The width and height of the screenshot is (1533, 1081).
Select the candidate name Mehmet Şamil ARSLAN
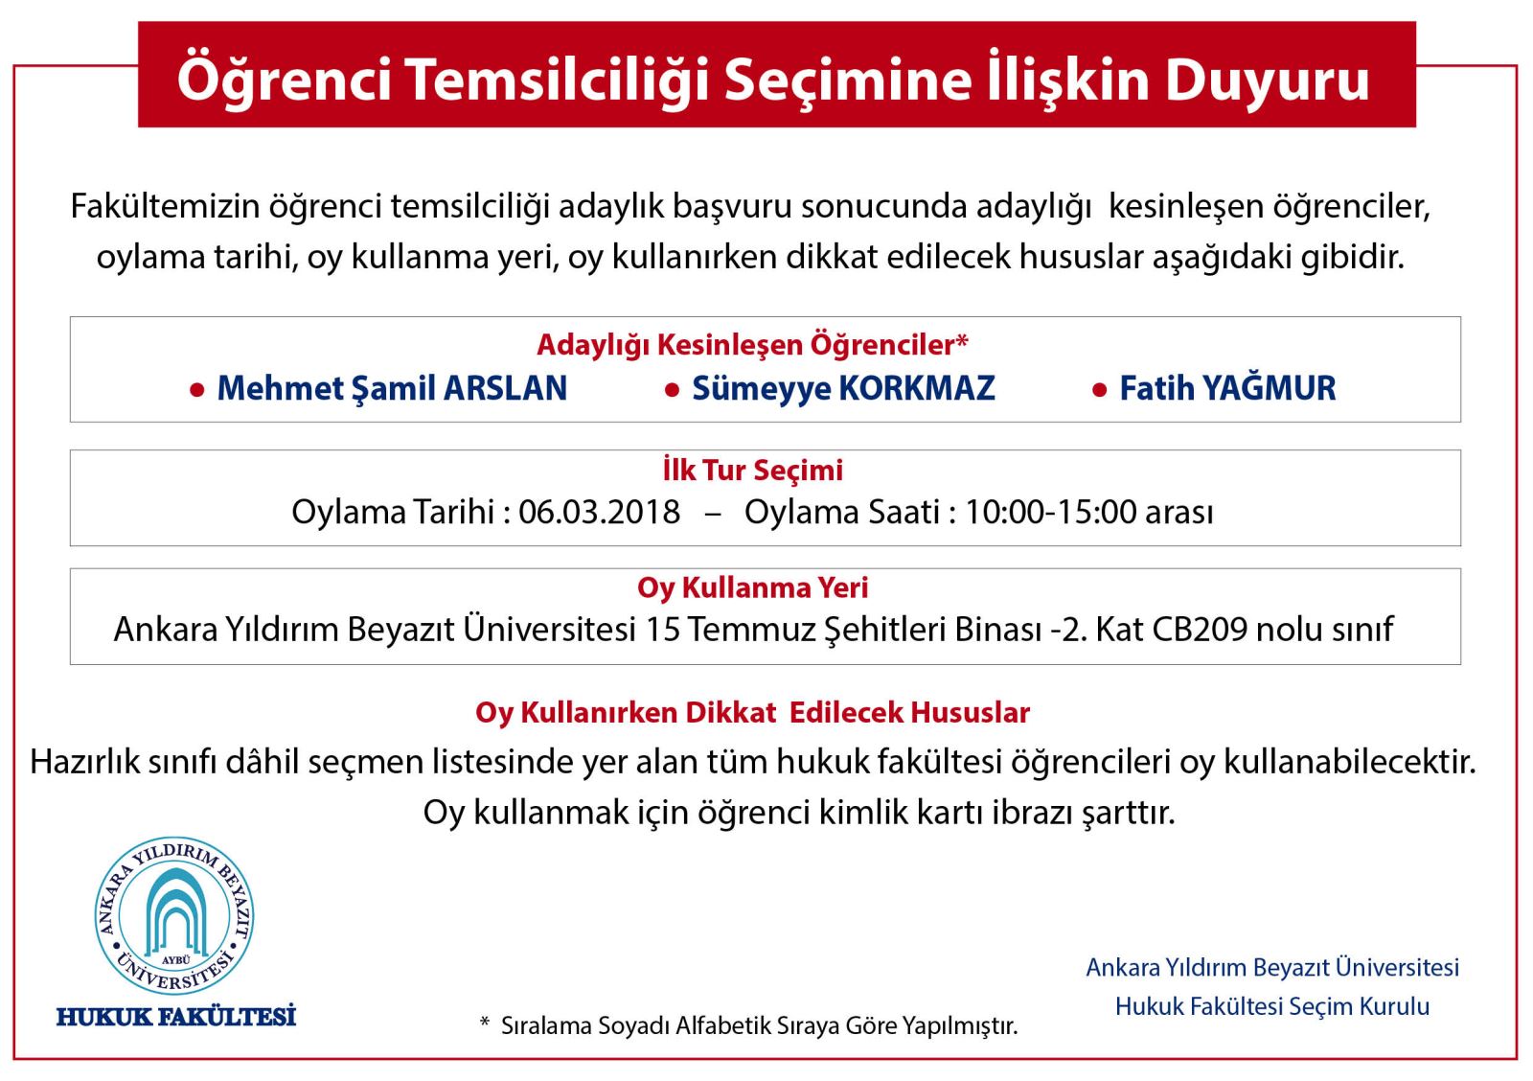[x=392, y=389]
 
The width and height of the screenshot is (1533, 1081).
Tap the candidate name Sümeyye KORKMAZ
[x=843, y=389]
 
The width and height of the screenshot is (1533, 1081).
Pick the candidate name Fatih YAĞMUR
[x=1227, y=388]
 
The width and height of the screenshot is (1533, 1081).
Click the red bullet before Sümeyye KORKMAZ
[x=672, y=390]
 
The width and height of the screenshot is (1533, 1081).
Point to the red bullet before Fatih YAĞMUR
[x=1099, y=390]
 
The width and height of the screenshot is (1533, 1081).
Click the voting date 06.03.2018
[x=599, y=512]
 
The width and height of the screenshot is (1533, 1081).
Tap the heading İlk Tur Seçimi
[x=752, y=470]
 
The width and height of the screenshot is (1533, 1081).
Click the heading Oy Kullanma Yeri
[x=752, y=587]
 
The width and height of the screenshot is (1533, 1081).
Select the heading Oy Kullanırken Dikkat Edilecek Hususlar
[x=752, y=713]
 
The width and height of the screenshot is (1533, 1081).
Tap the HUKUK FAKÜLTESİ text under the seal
[x=176, y=1015]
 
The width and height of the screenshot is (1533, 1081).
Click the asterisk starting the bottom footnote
[x=485, y=1022]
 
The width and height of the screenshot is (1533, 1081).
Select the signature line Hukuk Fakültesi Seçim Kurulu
[x=1271, y=1006]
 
